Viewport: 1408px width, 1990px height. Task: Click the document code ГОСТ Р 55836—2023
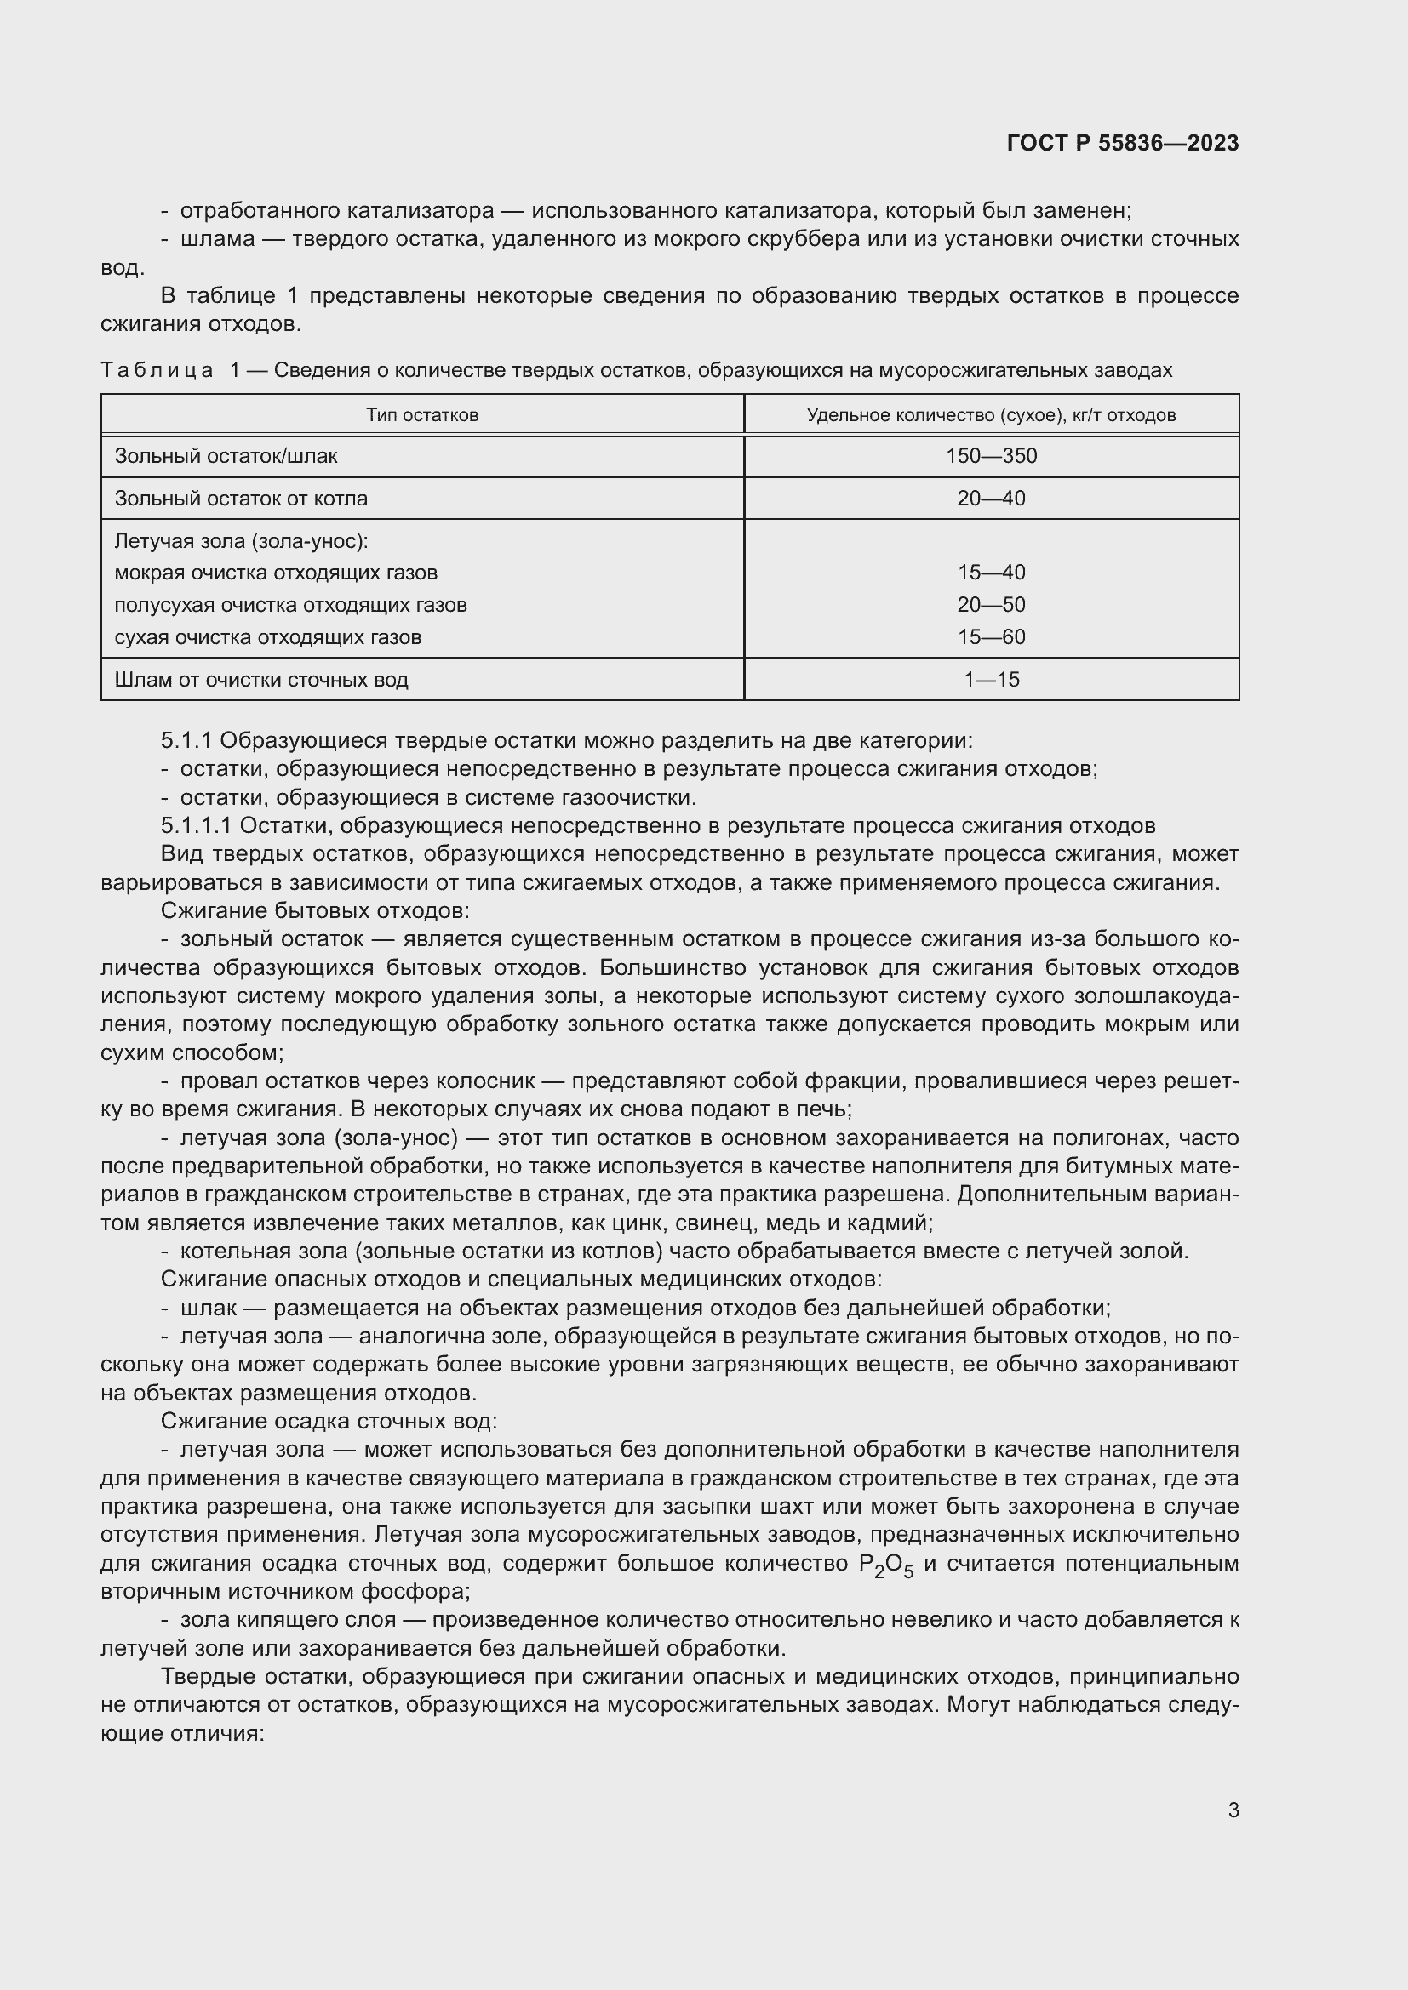[x=1123, y=143]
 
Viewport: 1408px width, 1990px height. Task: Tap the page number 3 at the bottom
[x=1233, y=1810]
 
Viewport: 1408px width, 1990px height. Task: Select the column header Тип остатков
[x=421, y=415]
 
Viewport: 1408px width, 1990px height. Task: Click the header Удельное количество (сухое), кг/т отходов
[x=991, y=415]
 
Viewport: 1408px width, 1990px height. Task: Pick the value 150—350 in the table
[x=991, y=456]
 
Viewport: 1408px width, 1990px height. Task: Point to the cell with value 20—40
[x=991, y=499]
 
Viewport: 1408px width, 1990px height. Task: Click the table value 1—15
[x=991, y=680]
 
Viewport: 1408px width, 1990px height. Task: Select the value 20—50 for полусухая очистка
[x=991, y=605]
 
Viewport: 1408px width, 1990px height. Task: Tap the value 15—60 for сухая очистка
[x=991, y=637]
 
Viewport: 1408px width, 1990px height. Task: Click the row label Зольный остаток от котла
[x=241, y=499]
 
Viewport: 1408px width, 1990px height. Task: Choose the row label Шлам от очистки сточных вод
[x=261, y=680]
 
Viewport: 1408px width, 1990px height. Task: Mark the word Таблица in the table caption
[x=157, y=371]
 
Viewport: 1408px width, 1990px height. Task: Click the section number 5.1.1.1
[x=196, y=825]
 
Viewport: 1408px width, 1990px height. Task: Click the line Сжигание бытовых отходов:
[x=315, y=911]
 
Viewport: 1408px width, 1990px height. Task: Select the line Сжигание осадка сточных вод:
[x=329, y=1422]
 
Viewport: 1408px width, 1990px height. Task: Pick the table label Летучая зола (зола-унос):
[x=241, y=541]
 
